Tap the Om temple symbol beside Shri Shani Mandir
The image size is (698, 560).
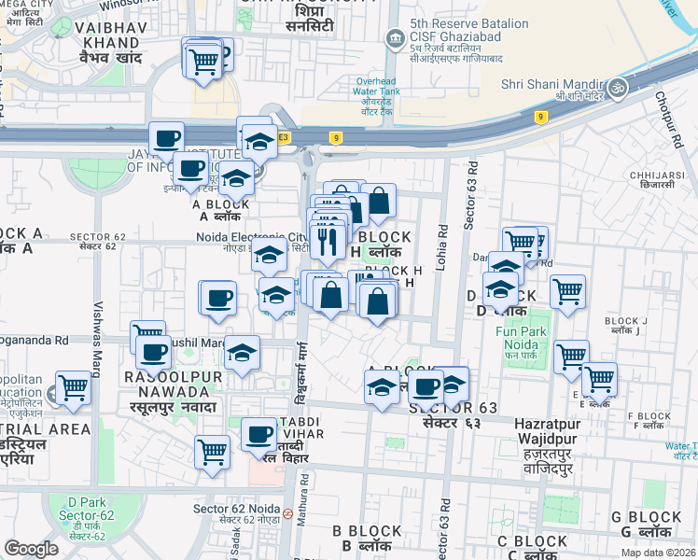point(616,87)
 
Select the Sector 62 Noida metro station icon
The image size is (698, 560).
point(288,513)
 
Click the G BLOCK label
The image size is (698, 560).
point(646,517)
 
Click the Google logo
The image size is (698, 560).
point(31,549)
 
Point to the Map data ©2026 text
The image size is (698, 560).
point(659,553)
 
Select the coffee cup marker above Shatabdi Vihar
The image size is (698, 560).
point(259,433)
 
